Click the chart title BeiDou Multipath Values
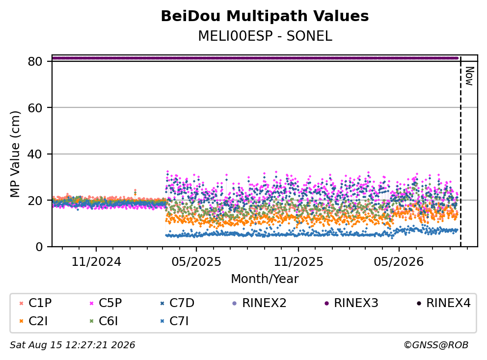pyautogui.click(x=265, y=16)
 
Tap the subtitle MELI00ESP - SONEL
pyautogui.click(x=265, y=36)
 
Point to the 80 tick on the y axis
pyautogui.click(x=35, y=61)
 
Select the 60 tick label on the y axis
pyautogui.click(x=35, y=108)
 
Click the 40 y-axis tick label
pyautogui.click(x=35, y=154)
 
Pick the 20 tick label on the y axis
pyautogui.click(x=35, y=201)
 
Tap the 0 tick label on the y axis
pyautogui.click(x=39, y=247)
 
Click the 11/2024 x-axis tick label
pyautogui.click(x=96, y=262)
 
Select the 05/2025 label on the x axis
pyautogui.click(x=196, y=262)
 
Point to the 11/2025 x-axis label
pyautogui.click(x=298, y=262)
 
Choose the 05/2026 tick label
pyautogui.click(x=399, y=262)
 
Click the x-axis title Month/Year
pyautogui.click(x=265, y=279)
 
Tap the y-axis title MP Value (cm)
pyautogui.click(x=15, y=154)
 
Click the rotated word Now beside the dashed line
pyautogui.click(x=469, y=76)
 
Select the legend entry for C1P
pyautogui.click(x=35, y=303)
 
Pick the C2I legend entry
pyautogui.click(x=33, y=321)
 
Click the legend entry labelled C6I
pyautogui.click(x=104, y=321)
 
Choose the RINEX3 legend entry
pyautogui.click(x=352, y=303)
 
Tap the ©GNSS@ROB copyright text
pyautogui.click(x=436, y=345)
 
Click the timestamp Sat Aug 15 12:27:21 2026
pyautogui.click(x=73, y=345)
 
